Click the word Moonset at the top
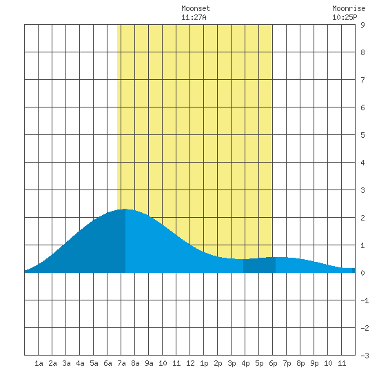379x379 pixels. tap(196, 8)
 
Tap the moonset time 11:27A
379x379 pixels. tap(194, 17)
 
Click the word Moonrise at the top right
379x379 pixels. tap(349, 8)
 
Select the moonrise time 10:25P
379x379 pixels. tap(345, 17)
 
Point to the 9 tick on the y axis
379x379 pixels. tap(362, 25)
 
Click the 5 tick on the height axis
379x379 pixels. tap(362, 135)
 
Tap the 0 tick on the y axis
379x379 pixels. tap(362, 273)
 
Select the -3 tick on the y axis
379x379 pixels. tap(365, 356)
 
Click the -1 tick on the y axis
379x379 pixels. tap(365, 300)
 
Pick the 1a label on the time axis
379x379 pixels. tap(39, 363)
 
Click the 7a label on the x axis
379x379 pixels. tap(121, 363)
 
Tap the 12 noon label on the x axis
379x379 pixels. tap(190, 363)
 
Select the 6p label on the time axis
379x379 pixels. tap(273, 363)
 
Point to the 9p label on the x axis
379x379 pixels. tap(314, 363)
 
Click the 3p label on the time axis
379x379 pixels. tap(232, 363)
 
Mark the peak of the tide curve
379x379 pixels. tap(125, 209)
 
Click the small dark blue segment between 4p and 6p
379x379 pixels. tap(259, 265)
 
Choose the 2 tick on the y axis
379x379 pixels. tap(362, 218)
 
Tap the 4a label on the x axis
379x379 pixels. tap(80, 363)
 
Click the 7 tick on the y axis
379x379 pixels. tap(362, 80)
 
